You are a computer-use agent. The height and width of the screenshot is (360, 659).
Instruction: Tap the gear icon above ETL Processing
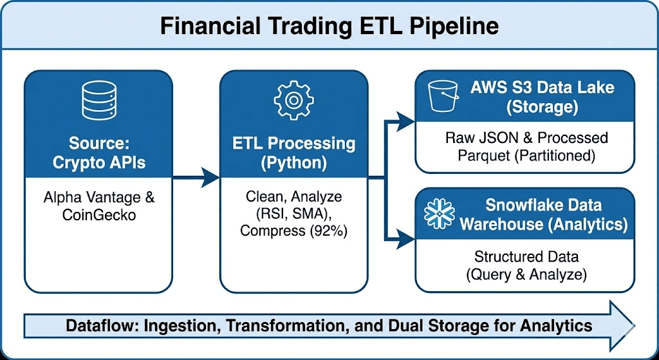pos(293,99)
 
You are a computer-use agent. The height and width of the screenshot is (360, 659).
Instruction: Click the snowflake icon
pos(439,214)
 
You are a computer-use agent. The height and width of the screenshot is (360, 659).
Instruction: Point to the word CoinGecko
pos(98,214)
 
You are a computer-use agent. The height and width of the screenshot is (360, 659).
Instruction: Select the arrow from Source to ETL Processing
pos(196,175)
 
